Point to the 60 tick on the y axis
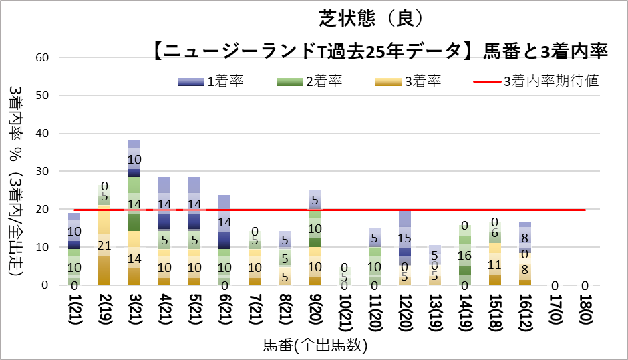point(43,58)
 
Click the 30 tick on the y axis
point(43,172)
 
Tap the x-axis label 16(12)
point(525,315)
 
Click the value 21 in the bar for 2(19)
point(104,246)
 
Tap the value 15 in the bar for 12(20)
point(405,238)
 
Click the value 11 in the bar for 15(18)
point(495,264)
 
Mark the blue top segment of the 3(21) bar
point(134,159)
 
